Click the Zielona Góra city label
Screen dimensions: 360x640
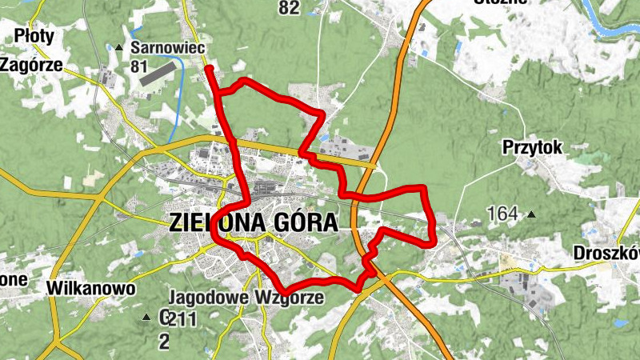254,222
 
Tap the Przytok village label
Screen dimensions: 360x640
533,147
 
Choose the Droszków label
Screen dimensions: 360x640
606,253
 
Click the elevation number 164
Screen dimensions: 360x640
502,214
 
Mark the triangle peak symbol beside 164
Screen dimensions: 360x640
530,214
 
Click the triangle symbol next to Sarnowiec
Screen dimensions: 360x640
119,48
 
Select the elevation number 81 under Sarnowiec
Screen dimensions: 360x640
139,66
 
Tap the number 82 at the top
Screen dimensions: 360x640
289,8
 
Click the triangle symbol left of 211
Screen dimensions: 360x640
146,318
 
